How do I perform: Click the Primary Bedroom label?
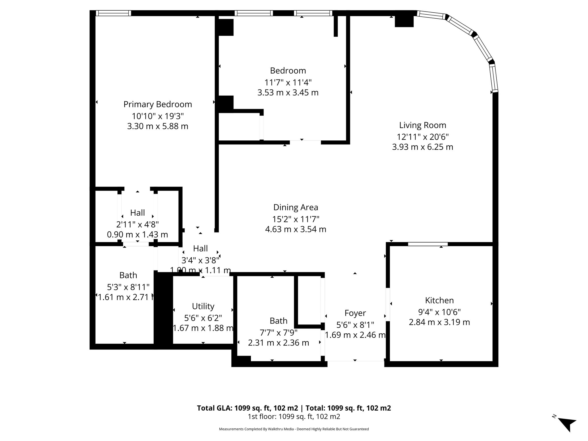pyautogui.click(x=158, y=104)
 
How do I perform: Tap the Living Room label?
pyautogui.click(x=422, y=125)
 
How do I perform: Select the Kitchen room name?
pyautogui.click(x=439, y=300)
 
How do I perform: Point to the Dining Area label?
pyautogui.click(x=295, y=207)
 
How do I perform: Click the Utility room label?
pyautogui.click(x=203, y=306)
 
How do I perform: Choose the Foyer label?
pyautogui.click(x=355, y=313)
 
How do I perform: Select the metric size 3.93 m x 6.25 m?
pyautogui.click(x=422, y=147)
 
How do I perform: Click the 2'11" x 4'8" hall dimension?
pyautogui.click(x=137, y=224)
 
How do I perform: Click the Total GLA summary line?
pyautogui.click(x=294, y=408)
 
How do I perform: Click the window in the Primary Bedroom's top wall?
pyautogui.click(x=113, y=13)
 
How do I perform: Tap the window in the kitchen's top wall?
pyautogui.click(x=428, y=244)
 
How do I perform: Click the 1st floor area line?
pyautogui.click(x=294, y=417)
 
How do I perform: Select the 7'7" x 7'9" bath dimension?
pyautogui.click(x=278, y=332)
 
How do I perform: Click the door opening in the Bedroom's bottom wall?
pyautogui.click(x=305, y=142)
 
